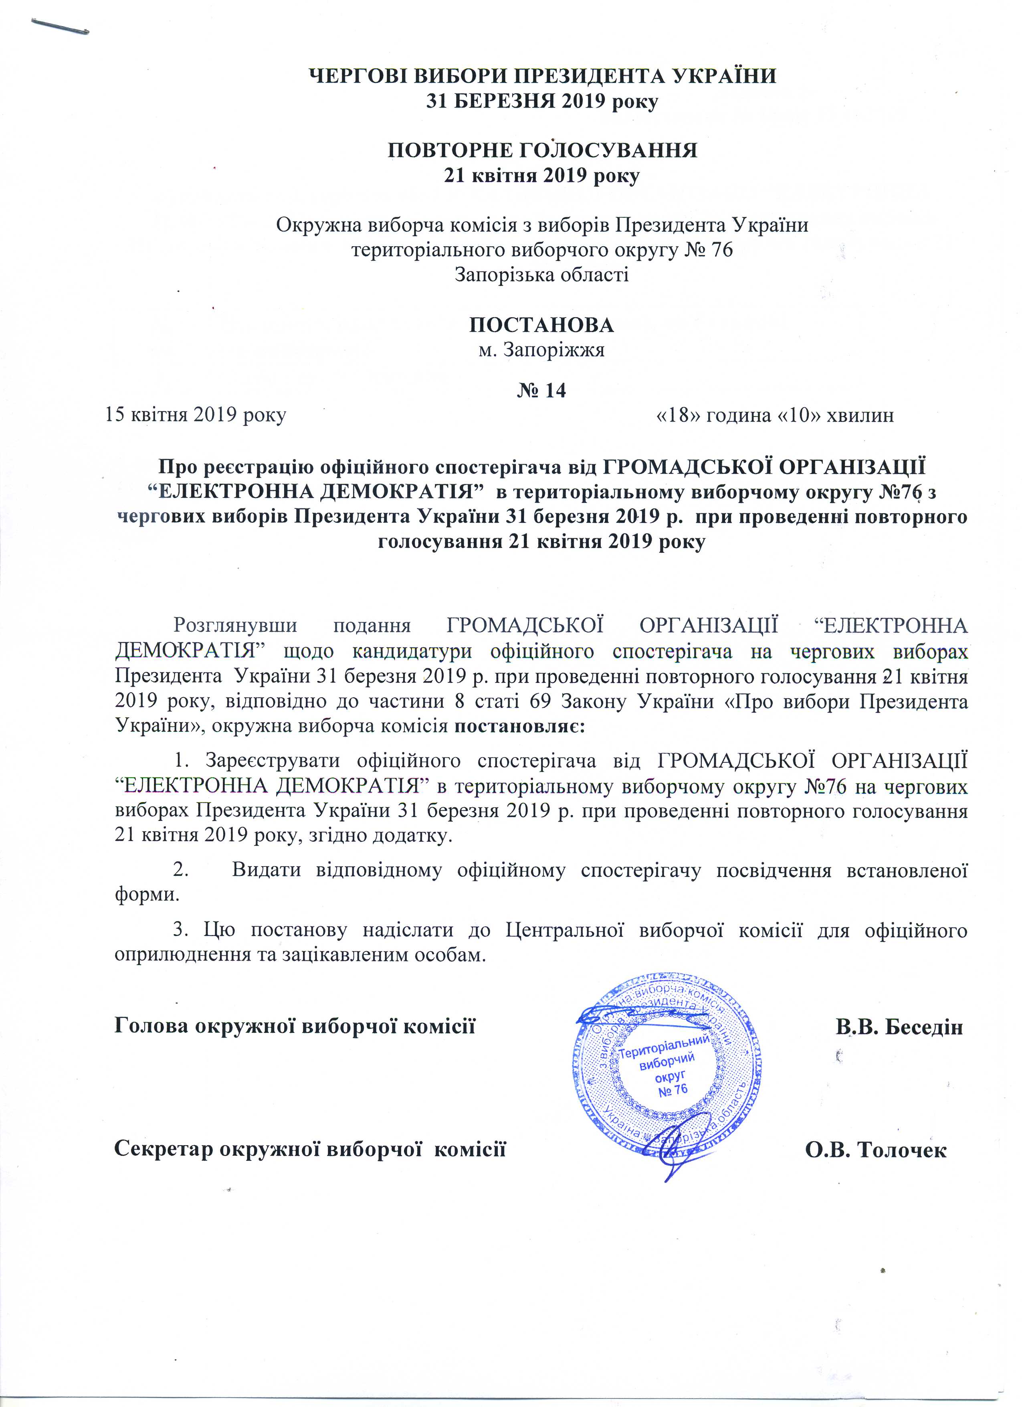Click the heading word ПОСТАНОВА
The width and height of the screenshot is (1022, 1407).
point(541,325)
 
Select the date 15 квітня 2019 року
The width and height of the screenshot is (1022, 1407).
point(196,415)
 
